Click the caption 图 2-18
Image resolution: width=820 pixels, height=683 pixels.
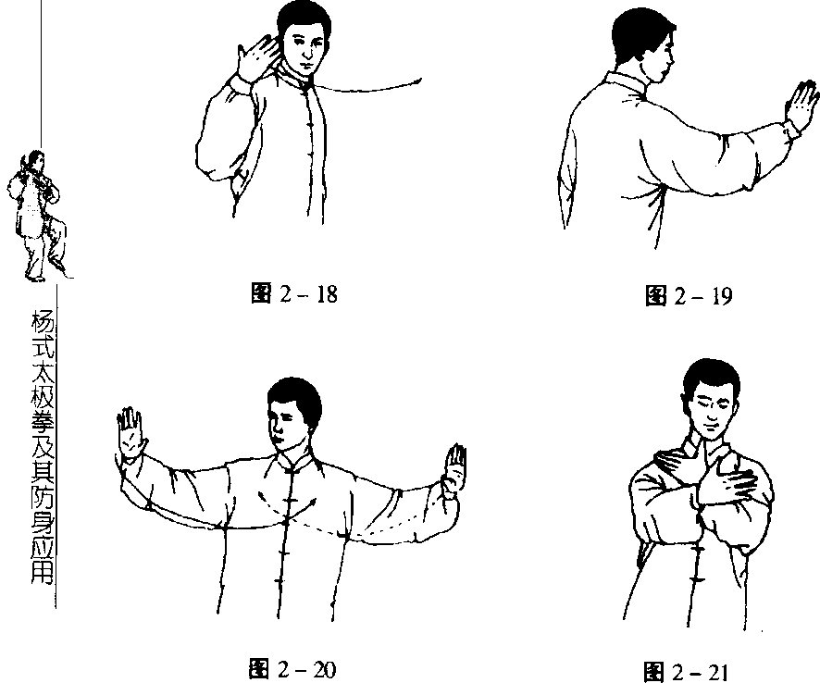(x=294, y=294)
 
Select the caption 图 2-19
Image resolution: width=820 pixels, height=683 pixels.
(x=689, y=296)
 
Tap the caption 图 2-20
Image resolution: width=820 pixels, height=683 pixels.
(x=292, y=669)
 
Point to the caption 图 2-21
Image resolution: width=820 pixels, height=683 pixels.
(x=686, y=672)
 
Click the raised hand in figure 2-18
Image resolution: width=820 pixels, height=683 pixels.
(x=258, y=56)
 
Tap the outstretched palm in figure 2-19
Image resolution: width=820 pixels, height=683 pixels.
(x=801, y=105)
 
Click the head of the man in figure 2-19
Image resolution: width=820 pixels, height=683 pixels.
(x=643, y=46)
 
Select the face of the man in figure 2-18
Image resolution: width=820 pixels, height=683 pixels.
(x=304, y=48)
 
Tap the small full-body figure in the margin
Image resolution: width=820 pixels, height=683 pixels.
(x=38, y=216)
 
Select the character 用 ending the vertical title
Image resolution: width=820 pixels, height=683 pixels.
(x=43, y=572)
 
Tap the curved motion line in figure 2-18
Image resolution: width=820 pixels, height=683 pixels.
(x=367, y=88)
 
